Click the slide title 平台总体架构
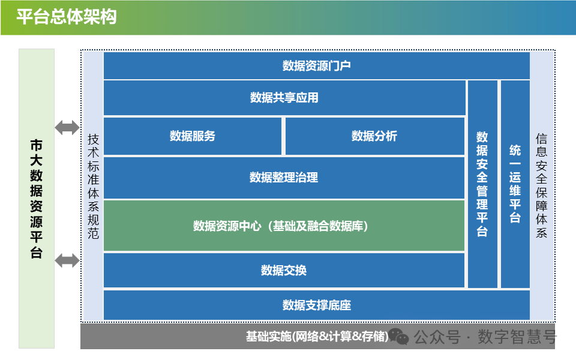coord(67,17)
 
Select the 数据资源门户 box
coord(316,65)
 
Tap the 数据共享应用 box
coord(284,97)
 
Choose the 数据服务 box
coord(192,136)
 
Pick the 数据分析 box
coord(374,136)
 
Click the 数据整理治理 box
coord(284,178)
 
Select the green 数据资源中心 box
coord(284,226)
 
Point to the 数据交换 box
coord(284,270)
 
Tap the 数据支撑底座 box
coord(316,305)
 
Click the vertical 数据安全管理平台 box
coord(482,184)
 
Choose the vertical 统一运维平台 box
coord(515,184)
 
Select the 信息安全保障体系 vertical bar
coord(542,186)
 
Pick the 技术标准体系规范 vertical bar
coord(93,186)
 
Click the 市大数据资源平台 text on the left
coord(37,199)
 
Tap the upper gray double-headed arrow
coord(67,127)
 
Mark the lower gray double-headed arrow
coord(67,260)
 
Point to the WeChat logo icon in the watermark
coord(399,337)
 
